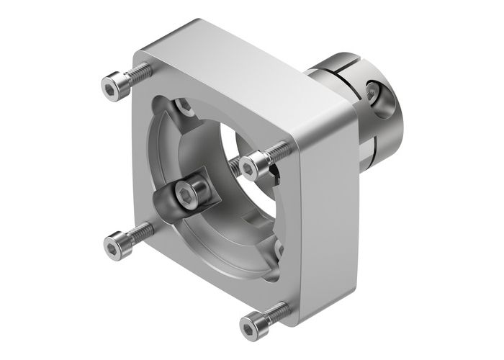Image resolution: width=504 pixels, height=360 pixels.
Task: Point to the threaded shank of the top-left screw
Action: pyautogui.click(x=141, y=73)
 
